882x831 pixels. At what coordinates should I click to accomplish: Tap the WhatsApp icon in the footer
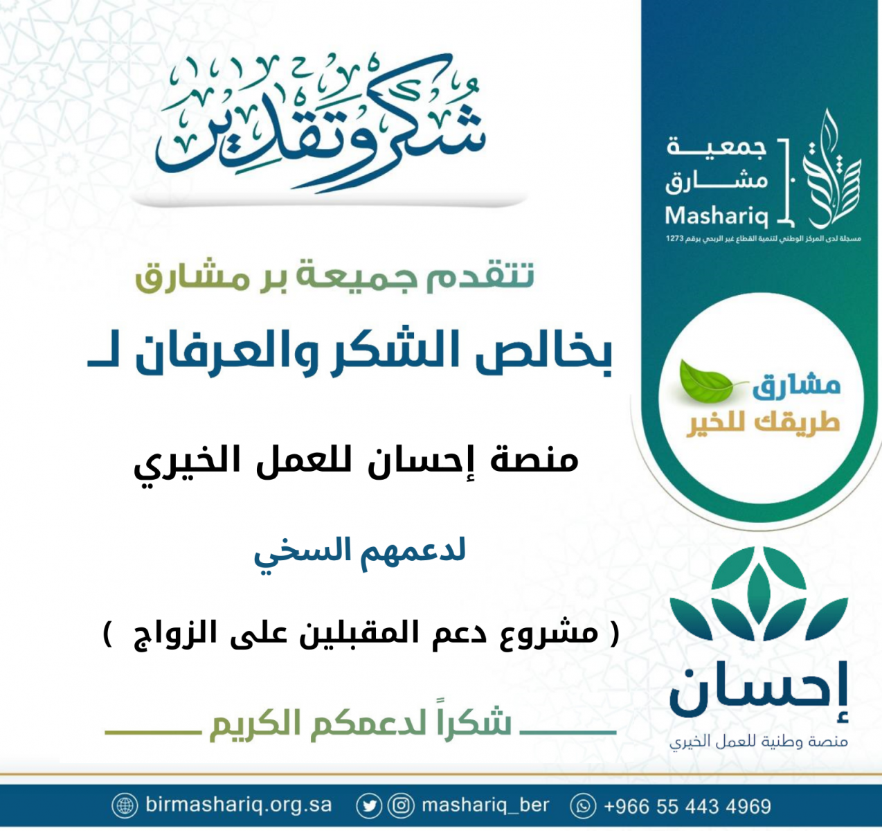click(x=583, y=805)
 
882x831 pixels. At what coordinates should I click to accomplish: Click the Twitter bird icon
click(x=368, y=805)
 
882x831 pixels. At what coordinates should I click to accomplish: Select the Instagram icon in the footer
click(x=402, y=805)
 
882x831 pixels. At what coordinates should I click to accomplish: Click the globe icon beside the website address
click(x=125, y=805)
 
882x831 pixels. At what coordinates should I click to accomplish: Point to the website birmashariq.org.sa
click(x=239, y=805)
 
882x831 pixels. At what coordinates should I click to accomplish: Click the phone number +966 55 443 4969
click(x=687, y=805)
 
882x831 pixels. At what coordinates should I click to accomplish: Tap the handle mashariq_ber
click(x=485, y=805)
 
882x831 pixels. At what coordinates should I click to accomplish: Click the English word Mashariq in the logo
click(x=717, y=217)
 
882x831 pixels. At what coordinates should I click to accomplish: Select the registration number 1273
click(x=674, y=239)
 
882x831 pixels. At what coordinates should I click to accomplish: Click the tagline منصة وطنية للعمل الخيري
click(x=759, y=741)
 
